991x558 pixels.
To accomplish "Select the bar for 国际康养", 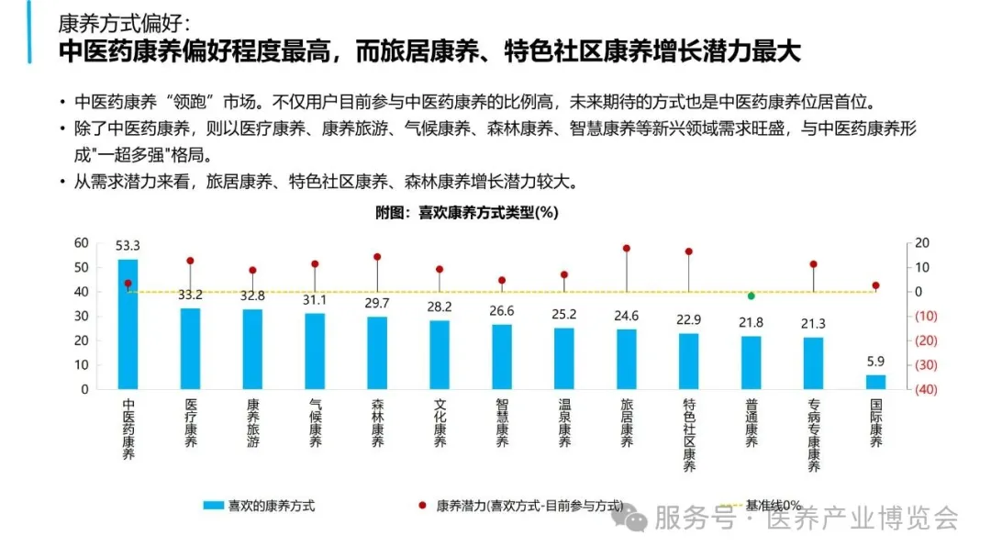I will [876, 382].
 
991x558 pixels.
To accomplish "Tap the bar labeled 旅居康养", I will [627, 359].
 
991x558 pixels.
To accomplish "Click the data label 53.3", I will [128, 246].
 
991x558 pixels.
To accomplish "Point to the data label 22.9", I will [689, 319].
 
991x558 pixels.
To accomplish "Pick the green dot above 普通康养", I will [752, 296].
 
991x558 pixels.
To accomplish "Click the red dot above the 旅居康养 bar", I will [627, 248].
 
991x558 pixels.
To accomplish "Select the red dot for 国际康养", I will [876, 285].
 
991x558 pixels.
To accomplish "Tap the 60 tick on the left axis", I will [82, 243].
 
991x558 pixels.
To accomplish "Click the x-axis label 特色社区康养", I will [689, 435].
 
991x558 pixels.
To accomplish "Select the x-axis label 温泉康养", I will [564, 423].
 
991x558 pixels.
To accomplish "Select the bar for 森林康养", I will [377, 352].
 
